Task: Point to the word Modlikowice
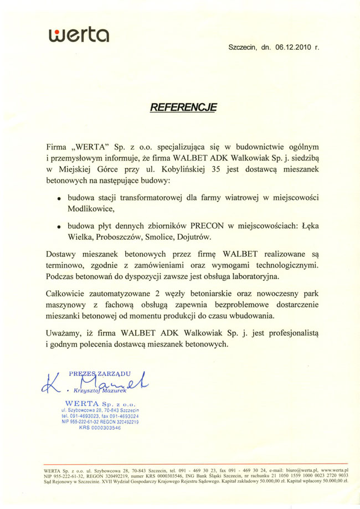90,209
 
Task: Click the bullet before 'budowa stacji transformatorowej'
59,198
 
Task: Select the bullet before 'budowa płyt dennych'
59,227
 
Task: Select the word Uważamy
64,332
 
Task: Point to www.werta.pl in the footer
330,470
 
